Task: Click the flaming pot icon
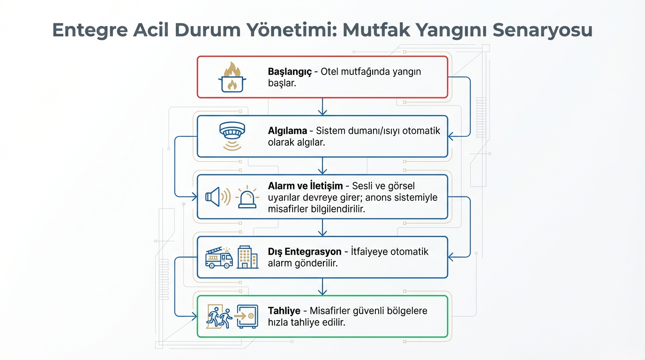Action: coord(232,77)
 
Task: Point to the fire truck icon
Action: coord(219,257)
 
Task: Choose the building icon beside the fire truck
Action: coord(247,257)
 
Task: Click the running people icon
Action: coord(219,317)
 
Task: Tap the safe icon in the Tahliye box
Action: coord(247,316)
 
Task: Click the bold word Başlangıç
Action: coord(290,72)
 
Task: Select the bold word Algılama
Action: coord(287,131)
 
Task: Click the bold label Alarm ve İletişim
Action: coord(305,186)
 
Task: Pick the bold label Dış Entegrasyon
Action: coord(305,252)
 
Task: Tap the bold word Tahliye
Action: coord(284,311)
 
